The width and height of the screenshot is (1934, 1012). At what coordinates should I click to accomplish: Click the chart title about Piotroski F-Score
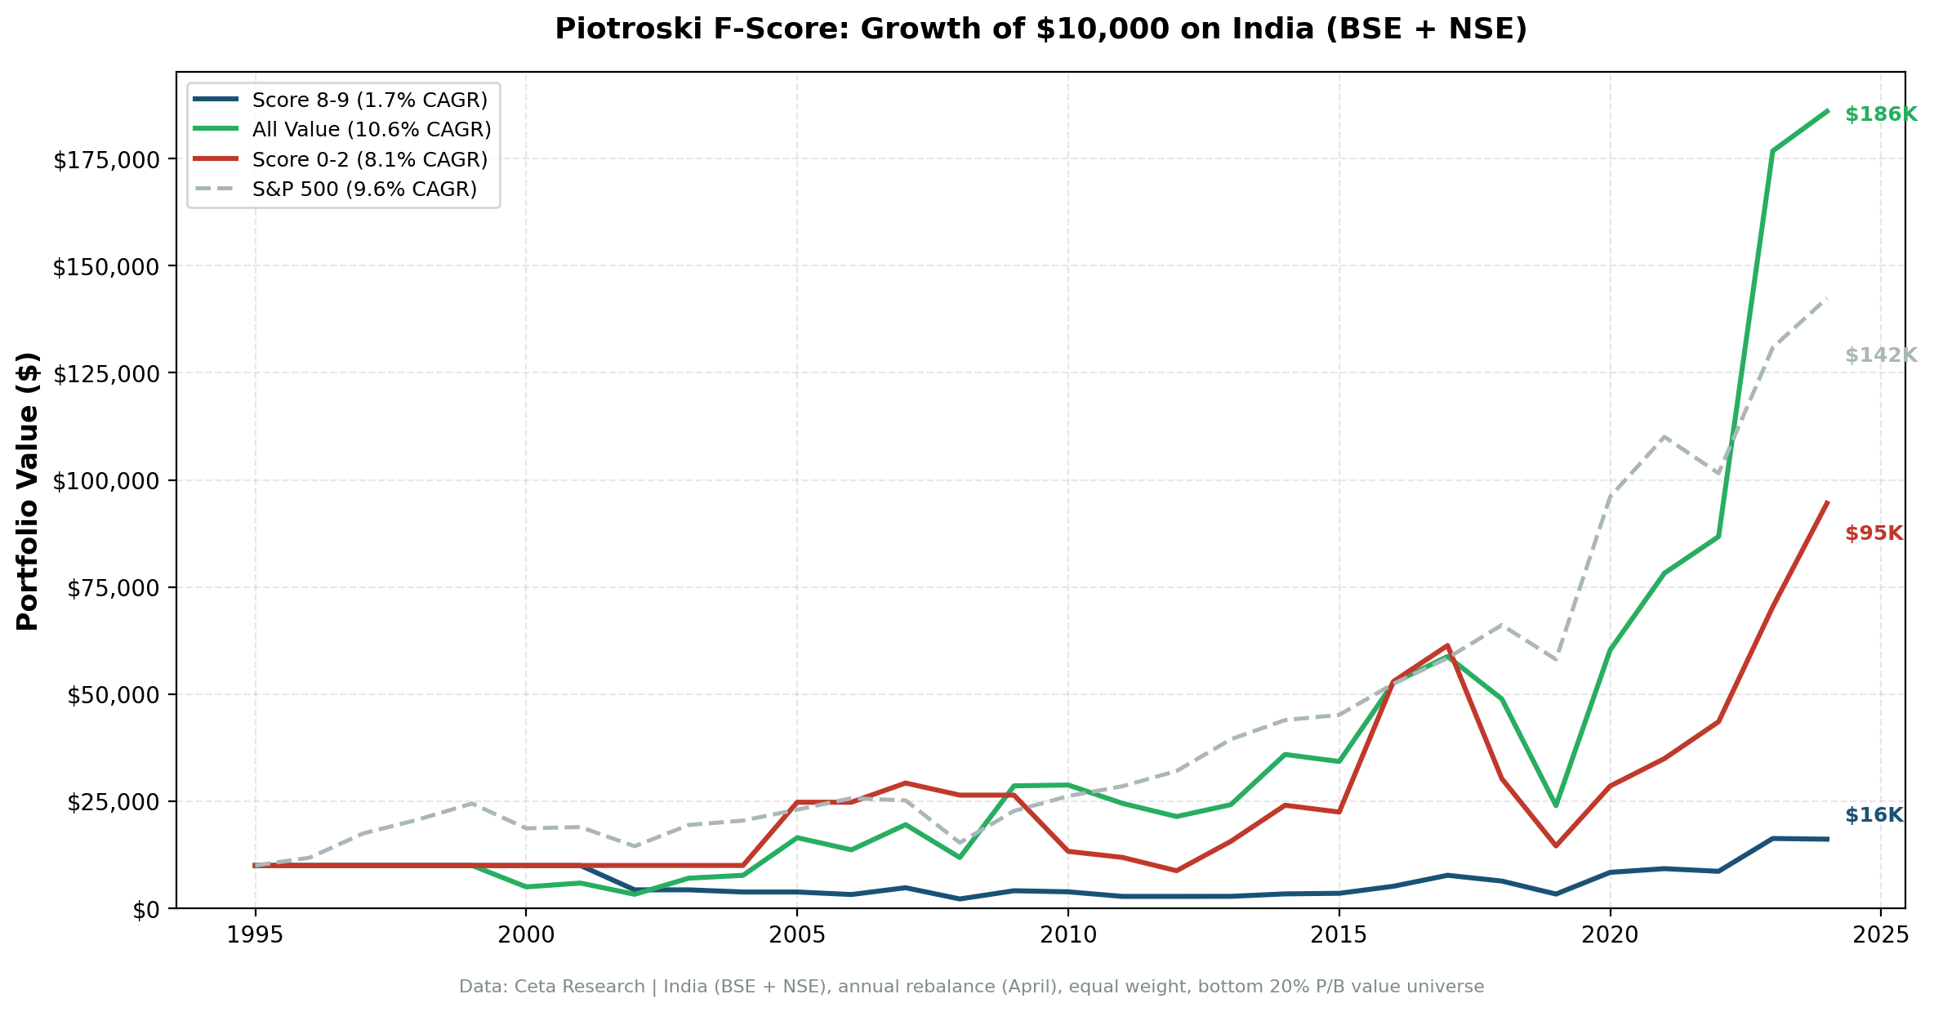pos(1041,29)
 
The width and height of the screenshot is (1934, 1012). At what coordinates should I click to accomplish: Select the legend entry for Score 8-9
pos(369,100)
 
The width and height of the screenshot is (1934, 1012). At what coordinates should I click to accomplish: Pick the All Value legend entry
pos(371,130)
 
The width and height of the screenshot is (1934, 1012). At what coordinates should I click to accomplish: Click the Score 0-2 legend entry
pos(369,159)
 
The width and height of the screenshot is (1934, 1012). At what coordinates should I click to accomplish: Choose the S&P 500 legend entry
pos(364,189)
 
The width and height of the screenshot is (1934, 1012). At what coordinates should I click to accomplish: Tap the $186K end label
pos(1880,114)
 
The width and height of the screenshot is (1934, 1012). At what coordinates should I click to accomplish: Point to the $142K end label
pos(1880,355)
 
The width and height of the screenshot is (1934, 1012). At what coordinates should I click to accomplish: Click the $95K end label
pos(1874,533)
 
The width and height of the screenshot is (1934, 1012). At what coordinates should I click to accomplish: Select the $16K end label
pos(1874,815)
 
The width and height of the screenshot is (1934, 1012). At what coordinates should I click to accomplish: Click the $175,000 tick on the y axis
pos(105,160)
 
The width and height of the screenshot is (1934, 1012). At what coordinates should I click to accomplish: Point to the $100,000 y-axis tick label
pos(105,481)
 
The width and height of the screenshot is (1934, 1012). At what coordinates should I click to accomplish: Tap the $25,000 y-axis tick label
pos(112,802)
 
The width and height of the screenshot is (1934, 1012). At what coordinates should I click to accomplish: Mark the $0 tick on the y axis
pos(147,909)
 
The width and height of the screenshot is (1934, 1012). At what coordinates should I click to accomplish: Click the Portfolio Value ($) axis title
pos(28,491)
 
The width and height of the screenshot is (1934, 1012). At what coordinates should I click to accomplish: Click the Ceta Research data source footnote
pos(971,987)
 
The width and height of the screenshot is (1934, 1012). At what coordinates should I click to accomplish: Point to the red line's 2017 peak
pos(1447,646)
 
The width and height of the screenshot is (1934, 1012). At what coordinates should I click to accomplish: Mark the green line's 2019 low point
pos(1556,805)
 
